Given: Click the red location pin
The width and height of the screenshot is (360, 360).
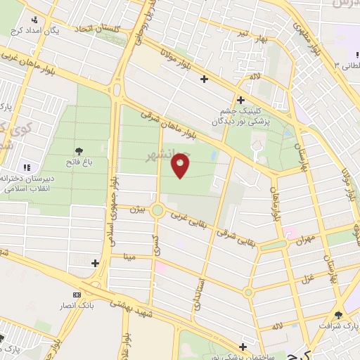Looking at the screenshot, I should pyautogui.click(x=181, y=166).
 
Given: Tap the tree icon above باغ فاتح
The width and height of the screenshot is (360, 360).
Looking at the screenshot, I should pyautogui.click(x=79, y=150).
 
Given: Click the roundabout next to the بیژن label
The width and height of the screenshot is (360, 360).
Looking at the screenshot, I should pyautogui.click(x=157, y=210).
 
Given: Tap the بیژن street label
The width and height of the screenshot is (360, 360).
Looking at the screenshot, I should pyautogui.click(x=139, y=210).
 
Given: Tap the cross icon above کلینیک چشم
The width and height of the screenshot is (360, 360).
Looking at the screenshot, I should pyautogui.click(x=240, y=101).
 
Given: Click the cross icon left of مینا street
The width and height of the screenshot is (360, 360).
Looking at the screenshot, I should pyautogui.click(x=95, y=262).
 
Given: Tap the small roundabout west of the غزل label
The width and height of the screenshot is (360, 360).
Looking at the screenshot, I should pyautogui.click(x=248, y=292).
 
